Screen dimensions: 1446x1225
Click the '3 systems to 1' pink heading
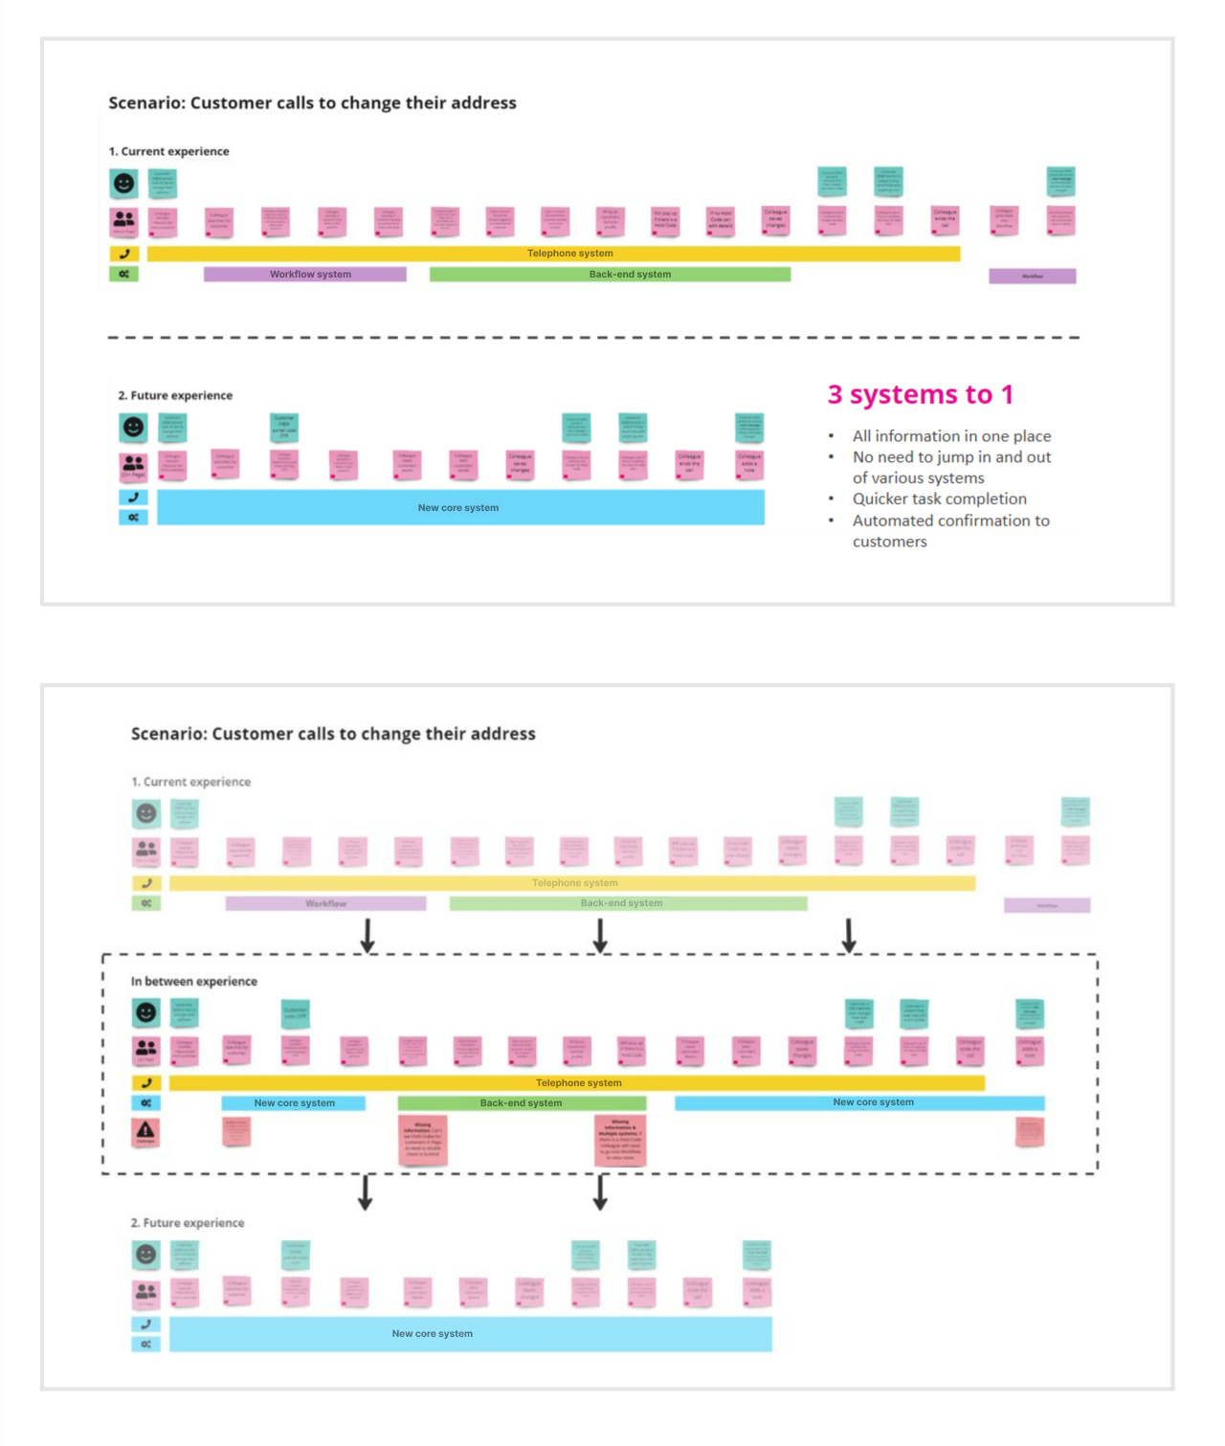(920, 394)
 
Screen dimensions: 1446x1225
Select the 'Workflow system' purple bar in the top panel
(305, 275)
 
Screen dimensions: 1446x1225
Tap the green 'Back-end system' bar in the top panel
(610, 275)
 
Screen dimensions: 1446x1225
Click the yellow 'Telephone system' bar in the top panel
(553, 254)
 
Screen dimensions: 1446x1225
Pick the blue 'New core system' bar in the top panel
(460, 507)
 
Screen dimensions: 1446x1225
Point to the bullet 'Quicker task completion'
(939, 499)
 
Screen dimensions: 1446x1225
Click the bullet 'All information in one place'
(951, 436)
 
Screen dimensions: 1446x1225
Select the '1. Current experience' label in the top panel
(168, 151)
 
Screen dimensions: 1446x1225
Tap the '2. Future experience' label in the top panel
(175, 395)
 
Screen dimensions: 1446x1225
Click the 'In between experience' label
(194, 981)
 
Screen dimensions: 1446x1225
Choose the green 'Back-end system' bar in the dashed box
(522, 1103)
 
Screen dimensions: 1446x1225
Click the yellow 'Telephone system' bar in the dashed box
(577, 1083)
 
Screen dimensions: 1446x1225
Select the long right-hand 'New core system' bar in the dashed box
(859, 1102)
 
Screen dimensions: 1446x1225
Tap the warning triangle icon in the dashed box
(145, 1131)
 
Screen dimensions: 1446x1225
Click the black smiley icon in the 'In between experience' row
(145, 1012)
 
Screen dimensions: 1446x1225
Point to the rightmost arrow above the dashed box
(849, 935)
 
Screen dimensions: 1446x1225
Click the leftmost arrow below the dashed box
(365, 1192)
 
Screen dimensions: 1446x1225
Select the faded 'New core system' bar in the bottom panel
(470, 1333)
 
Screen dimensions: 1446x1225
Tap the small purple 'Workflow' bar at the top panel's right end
(1032, 277)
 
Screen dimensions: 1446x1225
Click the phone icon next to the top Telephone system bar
(124, 254)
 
